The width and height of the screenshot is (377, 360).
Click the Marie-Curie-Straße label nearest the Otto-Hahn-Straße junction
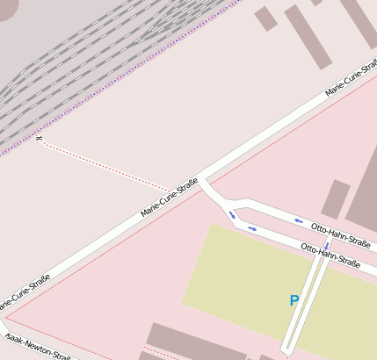click(x=169, y=200)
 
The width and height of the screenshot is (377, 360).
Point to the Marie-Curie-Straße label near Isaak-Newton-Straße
click(x=24, y=292)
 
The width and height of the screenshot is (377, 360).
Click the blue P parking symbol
click(x=294, y=301)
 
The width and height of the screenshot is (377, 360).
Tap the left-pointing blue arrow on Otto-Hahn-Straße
click(x=299, y=220)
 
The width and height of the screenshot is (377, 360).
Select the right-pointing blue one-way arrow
click(x=252, y=229)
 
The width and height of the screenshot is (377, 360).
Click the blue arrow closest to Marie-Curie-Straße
click(x=233, y=214)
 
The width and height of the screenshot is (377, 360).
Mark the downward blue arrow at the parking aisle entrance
click(x=327, y=247)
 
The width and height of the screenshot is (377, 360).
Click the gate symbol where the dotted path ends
click(x=39, y=139)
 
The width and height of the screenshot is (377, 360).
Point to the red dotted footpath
click(x=105, y=166)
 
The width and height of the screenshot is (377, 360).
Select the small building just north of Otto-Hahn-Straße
click(x=336, y=199)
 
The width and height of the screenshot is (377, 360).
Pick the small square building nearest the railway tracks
click(x=265, y=18)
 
